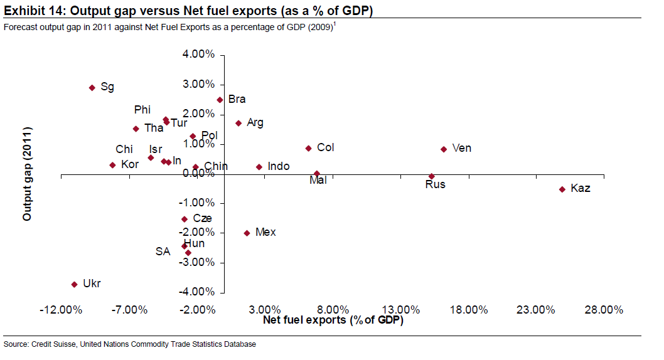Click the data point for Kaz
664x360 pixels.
tap(562, 189)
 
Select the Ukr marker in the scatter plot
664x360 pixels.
tap(74, 284)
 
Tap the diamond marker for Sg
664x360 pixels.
tap(92, 88)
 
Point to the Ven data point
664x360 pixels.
tap(444, 149)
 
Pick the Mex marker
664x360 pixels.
tap(247, 233)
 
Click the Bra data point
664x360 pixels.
tap(220, 100)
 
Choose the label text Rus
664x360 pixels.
tap(435, 184)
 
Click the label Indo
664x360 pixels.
tap(278, 166)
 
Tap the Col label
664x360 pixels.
tap(326, 148)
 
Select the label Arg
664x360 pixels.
tap(255, 123)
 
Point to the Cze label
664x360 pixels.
tap(202, 218)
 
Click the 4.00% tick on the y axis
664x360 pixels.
tap(198, 55)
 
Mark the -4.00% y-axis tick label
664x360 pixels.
tap(197, 292)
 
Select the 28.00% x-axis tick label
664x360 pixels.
tap(604, 310)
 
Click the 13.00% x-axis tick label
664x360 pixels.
tap(400, 310)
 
